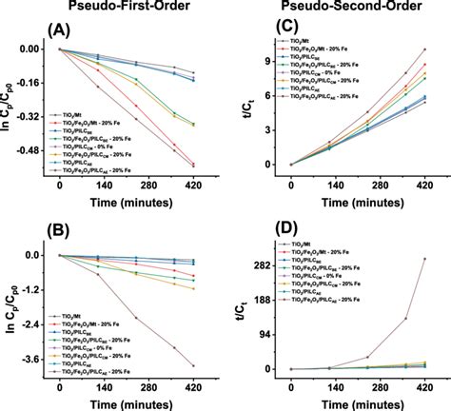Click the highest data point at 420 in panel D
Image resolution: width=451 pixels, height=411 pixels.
[423, 259]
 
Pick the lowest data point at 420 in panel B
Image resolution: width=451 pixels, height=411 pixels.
[194, 365]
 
